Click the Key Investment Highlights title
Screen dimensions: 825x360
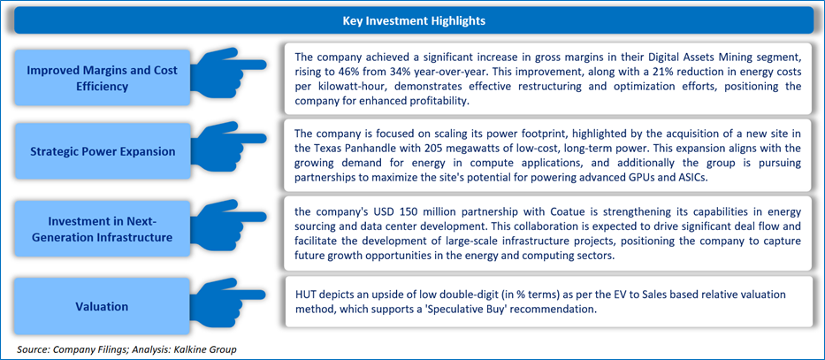414,21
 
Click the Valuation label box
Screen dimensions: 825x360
102,306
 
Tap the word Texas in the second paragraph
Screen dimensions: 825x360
329,146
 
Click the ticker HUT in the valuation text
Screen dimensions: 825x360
303,295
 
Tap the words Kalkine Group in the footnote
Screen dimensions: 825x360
214,349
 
